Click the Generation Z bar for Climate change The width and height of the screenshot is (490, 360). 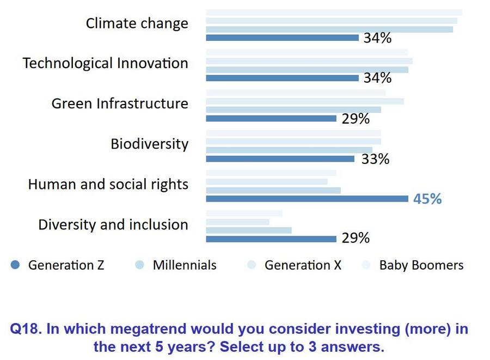[282, 38]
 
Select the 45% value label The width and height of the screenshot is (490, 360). [427, 199]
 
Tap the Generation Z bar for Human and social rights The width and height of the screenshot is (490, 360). [307, 199]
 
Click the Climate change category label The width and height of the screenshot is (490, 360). [137, 23]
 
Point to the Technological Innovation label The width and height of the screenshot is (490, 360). [105, 63]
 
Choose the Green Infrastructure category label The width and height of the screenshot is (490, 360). [120, 103]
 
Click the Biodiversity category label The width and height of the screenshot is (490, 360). [149, 144]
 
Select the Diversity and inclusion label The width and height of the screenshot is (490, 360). [113, 224]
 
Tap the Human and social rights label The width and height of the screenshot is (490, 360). [108, 184]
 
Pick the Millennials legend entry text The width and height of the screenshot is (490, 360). [185, 265]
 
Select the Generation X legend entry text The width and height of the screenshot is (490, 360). [303, 265]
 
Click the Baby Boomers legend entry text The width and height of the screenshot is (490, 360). [421, 265]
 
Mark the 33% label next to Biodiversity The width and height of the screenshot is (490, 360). [376, 159]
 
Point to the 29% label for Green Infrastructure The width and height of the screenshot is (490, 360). [356, 119]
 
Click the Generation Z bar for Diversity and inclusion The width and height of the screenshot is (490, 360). [271, 239]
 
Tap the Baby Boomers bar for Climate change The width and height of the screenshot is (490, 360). [334, 13]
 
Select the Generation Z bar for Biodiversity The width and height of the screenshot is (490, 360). [280, 159]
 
